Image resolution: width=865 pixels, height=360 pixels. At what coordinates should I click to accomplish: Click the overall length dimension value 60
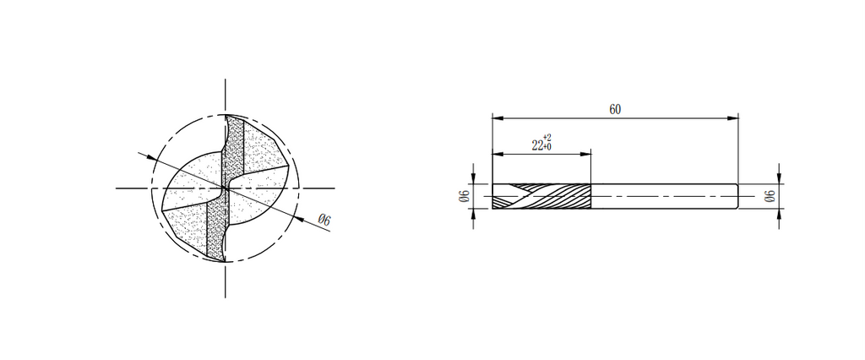coord(615,109)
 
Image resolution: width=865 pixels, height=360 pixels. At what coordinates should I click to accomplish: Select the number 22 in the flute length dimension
coord(536,145)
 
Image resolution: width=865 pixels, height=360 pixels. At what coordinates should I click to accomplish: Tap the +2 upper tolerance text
coord(547,138)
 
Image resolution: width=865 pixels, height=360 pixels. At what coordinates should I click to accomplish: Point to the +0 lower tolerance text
coord(547,147)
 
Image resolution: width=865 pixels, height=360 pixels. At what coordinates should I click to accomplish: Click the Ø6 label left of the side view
coord(464,196)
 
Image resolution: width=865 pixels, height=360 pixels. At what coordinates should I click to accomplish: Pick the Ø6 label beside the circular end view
coord(324,220)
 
